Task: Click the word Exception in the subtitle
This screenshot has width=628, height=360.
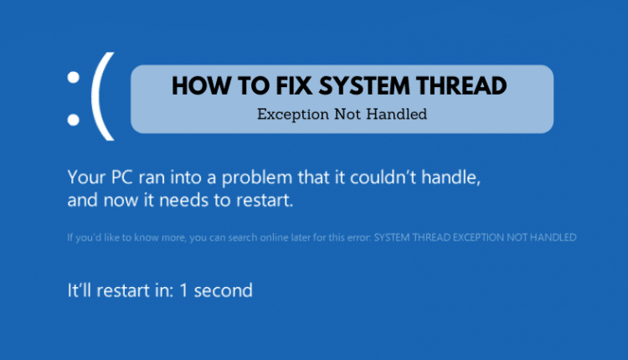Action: point(291,115)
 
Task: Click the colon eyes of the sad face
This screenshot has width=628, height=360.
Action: point(75,97)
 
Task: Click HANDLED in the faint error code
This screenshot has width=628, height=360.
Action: point(552,238)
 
